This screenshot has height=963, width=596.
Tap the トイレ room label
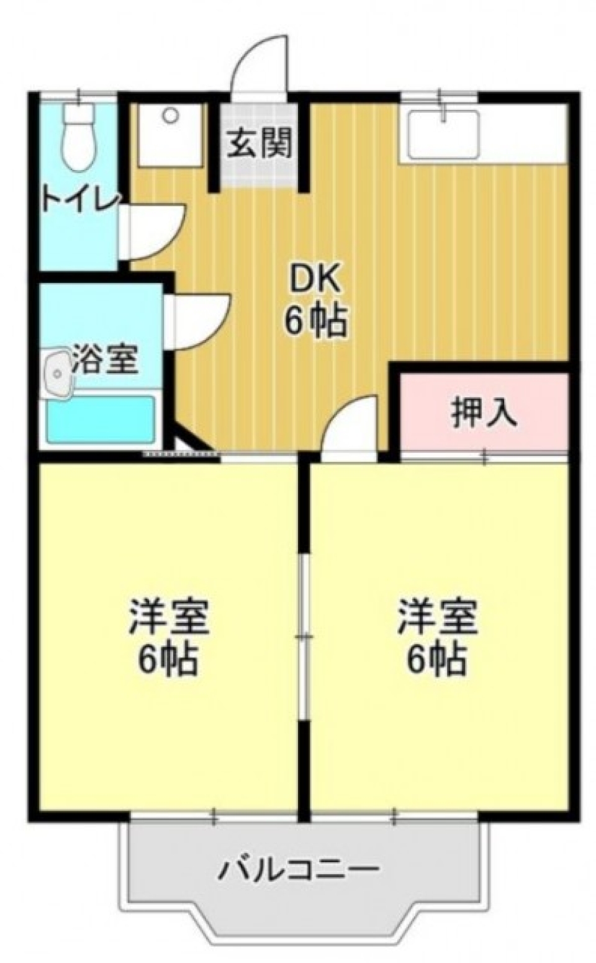80,200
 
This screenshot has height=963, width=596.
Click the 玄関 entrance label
259,145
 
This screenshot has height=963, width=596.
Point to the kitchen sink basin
442,133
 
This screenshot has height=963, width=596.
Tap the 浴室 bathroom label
104,360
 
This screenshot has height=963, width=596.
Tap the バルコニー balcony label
298,871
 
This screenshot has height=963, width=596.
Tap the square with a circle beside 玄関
170,135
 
